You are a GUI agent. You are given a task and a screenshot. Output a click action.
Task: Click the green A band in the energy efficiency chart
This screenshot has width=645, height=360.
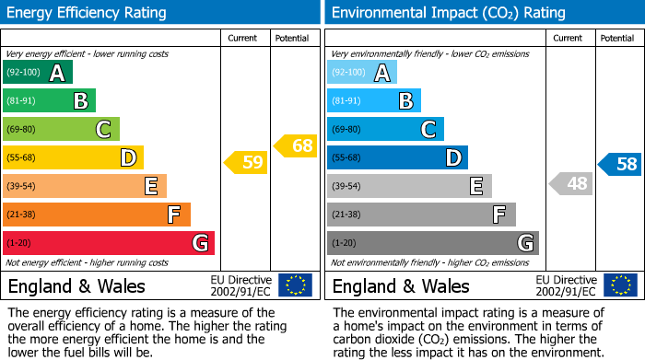coord(37,73)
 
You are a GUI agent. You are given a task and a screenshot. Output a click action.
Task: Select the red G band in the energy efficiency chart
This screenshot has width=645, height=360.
coord(109,243)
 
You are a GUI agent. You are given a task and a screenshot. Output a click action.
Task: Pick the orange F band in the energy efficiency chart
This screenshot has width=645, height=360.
coord(97,215)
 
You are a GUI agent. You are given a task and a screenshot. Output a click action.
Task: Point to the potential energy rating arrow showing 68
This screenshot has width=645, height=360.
coord(296,145)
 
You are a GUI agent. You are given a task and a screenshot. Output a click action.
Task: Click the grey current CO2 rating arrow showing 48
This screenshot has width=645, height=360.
coord(571,184)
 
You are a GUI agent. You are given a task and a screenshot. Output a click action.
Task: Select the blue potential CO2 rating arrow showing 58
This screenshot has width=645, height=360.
coord(620,165)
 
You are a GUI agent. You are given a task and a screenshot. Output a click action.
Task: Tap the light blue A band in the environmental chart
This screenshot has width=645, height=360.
coord(362,73)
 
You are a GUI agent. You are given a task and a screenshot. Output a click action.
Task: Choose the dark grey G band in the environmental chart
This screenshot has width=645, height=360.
coord(433,243)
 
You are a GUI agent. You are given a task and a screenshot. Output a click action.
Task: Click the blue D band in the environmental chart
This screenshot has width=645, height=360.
coord(397,157)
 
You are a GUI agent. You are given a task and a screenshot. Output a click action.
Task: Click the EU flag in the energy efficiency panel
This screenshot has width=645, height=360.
coord(295,285)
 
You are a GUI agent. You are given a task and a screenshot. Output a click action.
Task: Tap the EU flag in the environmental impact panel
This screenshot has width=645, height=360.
coord(620,285)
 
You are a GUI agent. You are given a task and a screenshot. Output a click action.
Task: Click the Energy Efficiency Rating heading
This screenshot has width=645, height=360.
coord(88,13)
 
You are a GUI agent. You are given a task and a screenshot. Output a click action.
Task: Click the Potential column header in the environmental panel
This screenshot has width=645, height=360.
coord(616,38)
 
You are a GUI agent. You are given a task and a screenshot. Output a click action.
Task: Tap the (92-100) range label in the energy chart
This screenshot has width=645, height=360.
coord(24,72)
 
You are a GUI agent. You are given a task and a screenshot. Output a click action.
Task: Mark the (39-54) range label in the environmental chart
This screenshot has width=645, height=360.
coord(346,186)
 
